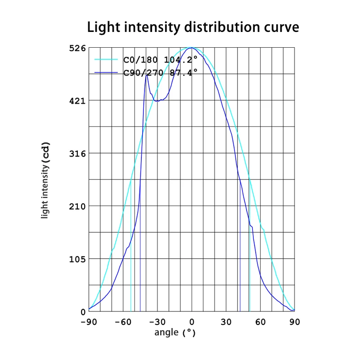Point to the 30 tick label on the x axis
coord(226,322)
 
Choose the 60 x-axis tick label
coord(261,322)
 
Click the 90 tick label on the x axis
coord(295,322)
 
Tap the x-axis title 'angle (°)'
coord(175,333)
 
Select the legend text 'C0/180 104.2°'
coord(160,60)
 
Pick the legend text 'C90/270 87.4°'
coord(160,72)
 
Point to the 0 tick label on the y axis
coord(82,311)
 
